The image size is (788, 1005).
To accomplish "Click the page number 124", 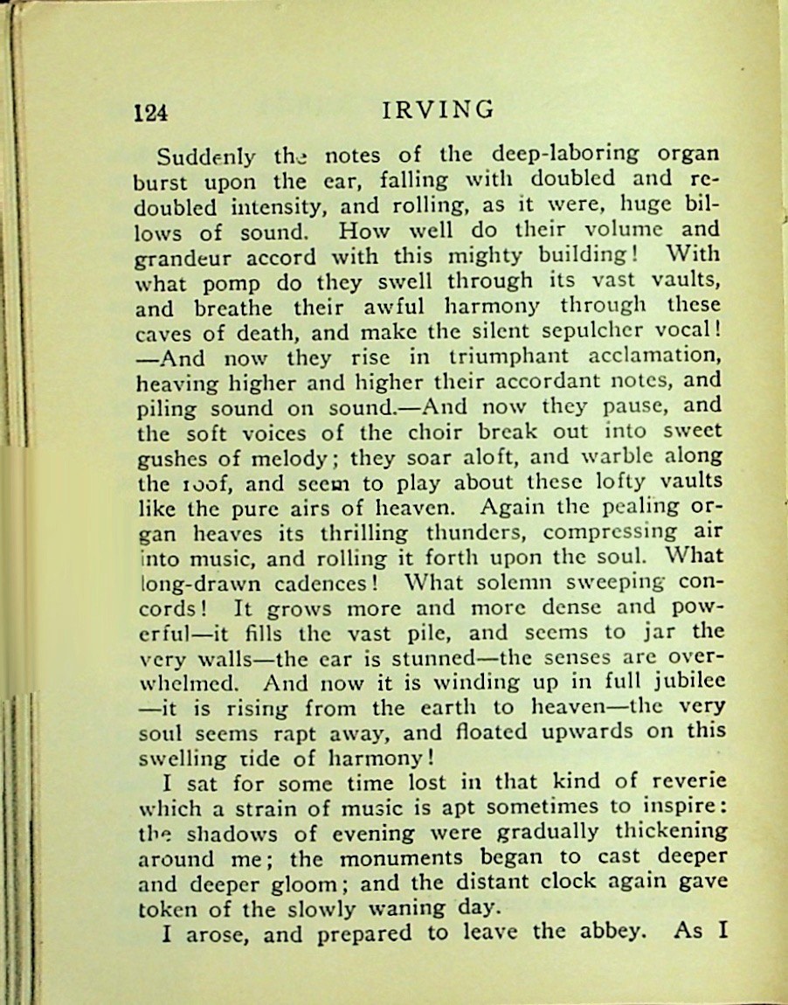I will [149, 112].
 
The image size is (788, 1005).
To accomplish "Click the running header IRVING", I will [439, 110].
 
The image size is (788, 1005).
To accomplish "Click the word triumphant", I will [507, 356].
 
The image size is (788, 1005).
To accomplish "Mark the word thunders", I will [475, 532].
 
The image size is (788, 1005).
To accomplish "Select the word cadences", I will [326, 583].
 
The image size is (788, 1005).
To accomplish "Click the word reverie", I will [683, 781].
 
